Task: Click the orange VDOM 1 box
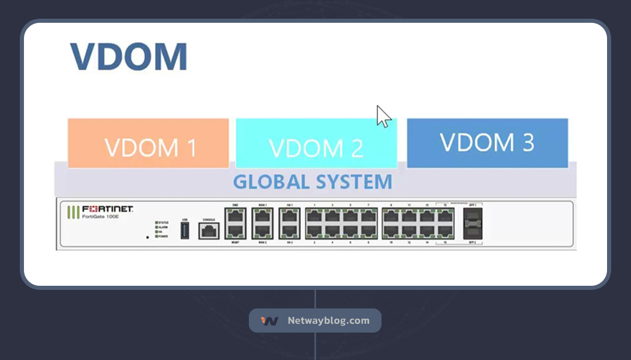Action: (x=148, y=143)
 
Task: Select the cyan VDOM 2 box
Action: (x=316, y=143)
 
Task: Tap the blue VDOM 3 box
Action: (x=487, y=143)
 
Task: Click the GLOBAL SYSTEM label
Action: (x=313, y=182)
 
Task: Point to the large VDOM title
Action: (x=129, y=57)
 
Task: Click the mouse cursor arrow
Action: (x=383, y=116)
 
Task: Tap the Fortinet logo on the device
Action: (x=108, y=209)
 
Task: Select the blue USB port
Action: (x=185, y=230)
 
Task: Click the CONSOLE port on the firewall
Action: (x=209, y=231)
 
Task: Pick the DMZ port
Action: (x=235, y=216)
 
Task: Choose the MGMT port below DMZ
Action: (x=235, y=231)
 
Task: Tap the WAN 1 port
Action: (x=262, y=216)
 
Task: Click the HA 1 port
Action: (x=289, y=216)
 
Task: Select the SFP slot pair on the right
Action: (x=473, y=223)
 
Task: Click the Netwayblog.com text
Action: (x=328, y=320)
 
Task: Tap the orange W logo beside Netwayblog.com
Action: (x=269, y=321)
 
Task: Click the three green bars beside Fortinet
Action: (x=74, y=212)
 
